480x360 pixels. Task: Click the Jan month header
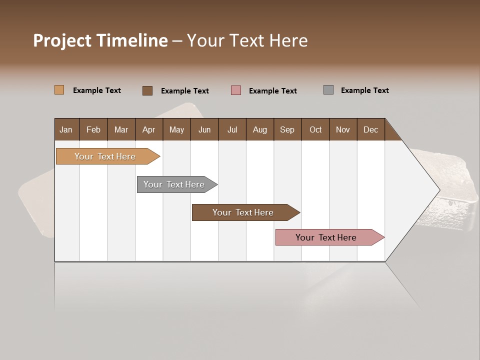click(x=66, y=130)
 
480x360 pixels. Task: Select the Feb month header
click(x=93, y=130)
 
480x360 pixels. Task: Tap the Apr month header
click(x=148, y=130)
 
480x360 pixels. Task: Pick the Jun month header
click(x=204, y=130)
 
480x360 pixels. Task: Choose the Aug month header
click(x=259, y=130)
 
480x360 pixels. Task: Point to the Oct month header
click(x=315, y=130)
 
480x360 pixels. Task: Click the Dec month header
click(x=370, y=130)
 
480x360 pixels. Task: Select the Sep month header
click(x=287, y=130)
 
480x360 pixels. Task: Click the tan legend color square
click(x=59, y=90)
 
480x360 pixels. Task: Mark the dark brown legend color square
click(x=147, y=90)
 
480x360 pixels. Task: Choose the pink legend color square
click(x=236, y=90)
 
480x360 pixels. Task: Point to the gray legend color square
click(x=328, y=90)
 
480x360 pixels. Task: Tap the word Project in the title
click(x=62, y=40)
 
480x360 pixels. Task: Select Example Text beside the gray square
click(x=364, y=90)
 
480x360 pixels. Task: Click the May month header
click(x=176, y=130)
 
